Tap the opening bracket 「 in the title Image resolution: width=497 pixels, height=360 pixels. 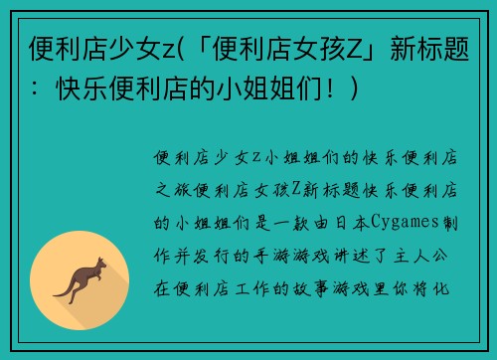(x=201, y=47)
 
